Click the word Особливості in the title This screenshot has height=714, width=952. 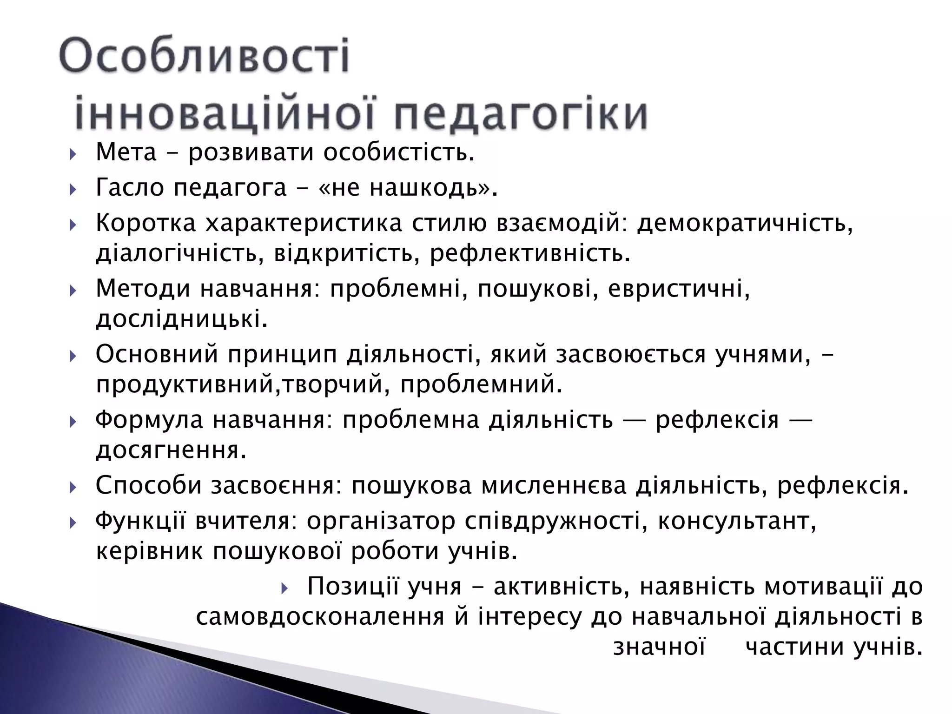click(205, 57)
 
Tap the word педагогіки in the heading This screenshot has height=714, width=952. click(521, 114)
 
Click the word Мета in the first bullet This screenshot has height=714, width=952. click(126, 152)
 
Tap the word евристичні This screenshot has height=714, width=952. click(679, 289)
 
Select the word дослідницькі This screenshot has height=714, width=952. click(182, 320)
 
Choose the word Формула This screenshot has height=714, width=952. click(149, 420)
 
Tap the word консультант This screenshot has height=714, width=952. click(737, 521)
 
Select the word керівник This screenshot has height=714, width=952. click(150, 552)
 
